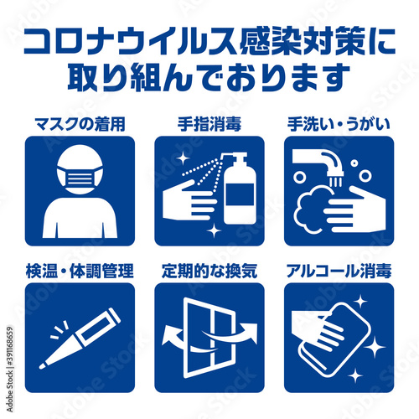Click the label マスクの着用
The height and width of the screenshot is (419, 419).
[80, 125]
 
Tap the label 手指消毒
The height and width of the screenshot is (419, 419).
[209, 125]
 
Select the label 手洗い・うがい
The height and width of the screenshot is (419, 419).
[339, 125]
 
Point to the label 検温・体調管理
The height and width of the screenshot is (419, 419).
[80, 271]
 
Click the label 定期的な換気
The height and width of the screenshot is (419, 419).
[209, 271]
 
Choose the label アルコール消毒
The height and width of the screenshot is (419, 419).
[339, 271]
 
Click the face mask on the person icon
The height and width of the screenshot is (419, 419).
[80, 178]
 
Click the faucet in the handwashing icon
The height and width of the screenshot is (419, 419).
[318, 163]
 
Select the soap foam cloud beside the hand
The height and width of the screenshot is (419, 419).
[311, 209]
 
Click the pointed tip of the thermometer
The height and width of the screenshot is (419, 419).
[42, 366]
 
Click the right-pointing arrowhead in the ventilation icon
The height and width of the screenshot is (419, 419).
[249, 332]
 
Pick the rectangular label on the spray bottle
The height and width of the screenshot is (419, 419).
[240, 194]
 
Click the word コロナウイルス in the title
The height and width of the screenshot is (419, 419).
[131, 41]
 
